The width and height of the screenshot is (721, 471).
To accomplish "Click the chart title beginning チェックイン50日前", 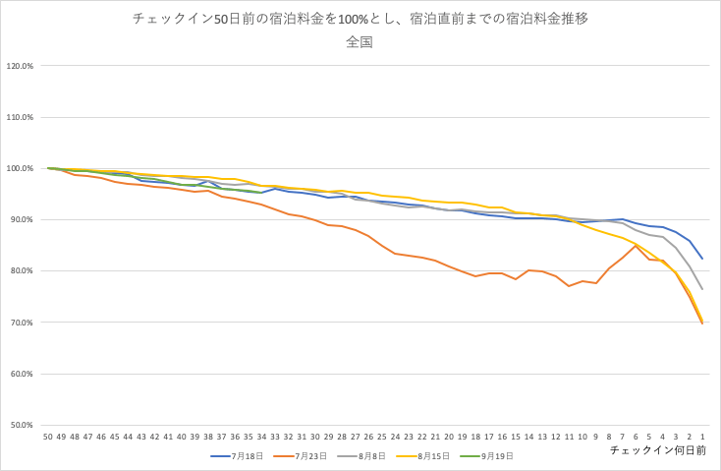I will coord(360,19).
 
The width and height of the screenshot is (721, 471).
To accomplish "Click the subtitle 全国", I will coord(360,42).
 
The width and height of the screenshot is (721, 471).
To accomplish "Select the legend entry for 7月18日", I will coord(238,456).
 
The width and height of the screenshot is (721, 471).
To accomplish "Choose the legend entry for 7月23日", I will coord(299,456).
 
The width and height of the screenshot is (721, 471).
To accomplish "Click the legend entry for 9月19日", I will coord(483,456).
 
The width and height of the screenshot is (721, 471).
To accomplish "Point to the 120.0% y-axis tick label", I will coord(20,67).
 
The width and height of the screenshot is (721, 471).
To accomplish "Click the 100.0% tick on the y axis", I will coord(20,169).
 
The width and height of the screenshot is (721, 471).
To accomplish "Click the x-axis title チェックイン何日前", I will coord(658,449).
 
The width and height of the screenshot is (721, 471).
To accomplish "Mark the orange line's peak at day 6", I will coord(635,246).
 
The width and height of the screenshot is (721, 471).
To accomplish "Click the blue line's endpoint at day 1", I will coord(701,259).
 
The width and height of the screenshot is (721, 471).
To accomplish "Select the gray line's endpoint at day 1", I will coord(701,289).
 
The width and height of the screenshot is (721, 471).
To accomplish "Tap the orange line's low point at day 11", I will coord(569,286).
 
